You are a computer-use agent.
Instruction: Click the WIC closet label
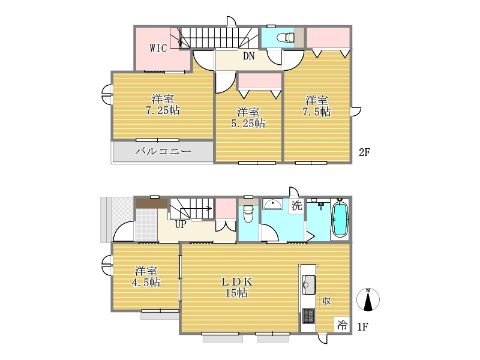[x=158, y=48]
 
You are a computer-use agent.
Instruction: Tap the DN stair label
[x=248, y=56]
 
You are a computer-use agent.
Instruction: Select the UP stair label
[x=181, y=224]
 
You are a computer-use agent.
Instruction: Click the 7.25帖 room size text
[x=163, y=110]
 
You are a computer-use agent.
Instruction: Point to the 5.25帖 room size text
[x=248, y=124]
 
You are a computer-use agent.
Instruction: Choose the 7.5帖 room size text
[x=317, y=112]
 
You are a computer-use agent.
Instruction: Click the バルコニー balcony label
[x=163, y=151]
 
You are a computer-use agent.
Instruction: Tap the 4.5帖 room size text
[x=146, y=282]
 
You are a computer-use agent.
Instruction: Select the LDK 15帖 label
[x=237, y=287]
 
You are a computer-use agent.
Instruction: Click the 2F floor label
[x=365, y=152]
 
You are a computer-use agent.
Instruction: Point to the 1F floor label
[x=363, y=327]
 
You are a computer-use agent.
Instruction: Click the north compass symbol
[x=368, y=299]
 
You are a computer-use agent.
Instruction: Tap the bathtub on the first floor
[x=340, y=218]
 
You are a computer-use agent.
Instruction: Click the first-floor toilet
[x=248, y=213]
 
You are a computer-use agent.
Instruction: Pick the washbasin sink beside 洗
[x=273, y=204]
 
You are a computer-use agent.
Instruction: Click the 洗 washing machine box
[x=296, y=205]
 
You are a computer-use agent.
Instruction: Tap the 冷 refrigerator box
[x=341, y=325]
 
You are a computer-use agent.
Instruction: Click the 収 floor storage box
[x=326, y=301]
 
